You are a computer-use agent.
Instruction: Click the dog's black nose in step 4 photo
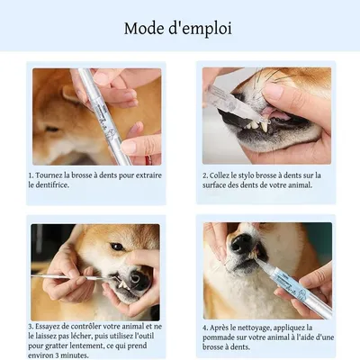click(240, 244)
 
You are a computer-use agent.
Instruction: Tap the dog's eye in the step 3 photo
click(118, 246)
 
